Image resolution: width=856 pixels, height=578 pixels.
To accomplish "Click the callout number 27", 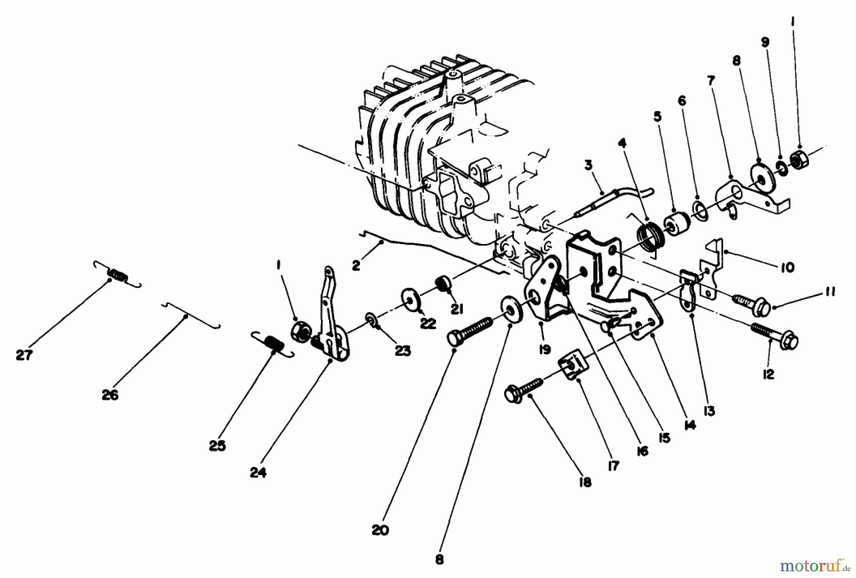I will pyautogui.click(x=23, y=355).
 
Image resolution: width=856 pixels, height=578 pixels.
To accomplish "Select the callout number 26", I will pyautogui.click(x=110, y=395).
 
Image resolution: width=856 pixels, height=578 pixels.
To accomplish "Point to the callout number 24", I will pyautogui.click(x=258, y=473).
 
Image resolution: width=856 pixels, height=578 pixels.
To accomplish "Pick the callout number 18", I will pyautogui.click(x=585, y=482).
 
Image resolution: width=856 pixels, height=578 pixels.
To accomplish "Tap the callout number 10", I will pyautogui.click(x=787, y=267).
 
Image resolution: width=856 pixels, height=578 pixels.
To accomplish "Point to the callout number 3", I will pyautogui.click(x=589, y=166).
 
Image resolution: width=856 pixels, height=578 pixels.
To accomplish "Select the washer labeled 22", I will pyautogui.click(x=409, y=299).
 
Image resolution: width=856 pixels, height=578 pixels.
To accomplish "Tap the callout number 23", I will pyautogui.click(x=403, y=351).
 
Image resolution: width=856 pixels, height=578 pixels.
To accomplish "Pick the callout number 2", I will pyautogui.click(x=356, y=265).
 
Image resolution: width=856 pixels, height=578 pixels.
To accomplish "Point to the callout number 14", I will pyautogui.click(x=690, y=425).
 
